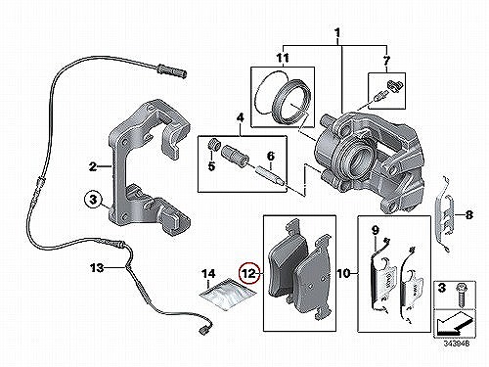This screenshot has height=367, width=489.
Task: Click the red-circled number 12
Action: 249,273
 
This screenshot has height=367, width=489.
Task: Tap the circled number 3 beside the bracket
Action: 93,199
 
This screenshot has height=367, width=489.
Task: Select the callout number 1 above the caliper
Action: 337,33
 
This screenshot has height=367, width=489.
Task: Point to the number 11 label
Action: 283,59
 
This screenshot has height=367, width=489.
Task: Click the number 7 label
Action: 386,60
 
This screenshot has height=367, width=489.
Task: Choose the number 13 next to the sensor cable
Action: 97,268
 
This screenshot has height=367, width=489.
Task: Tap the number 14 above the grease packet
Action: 208,274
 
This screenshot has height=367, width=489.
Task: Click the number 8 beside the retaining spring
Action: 468,215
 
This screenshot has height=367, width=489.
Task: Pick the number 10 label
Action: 343,273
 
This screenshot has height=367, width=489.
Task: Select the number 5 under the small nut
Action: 211,166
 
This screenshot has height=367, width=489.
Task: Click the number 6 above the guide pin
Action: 271,157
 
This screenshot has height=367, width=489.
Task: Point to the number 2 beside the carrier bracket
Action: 93,167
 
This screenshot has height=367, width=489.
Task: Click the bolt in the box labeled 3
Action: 462,295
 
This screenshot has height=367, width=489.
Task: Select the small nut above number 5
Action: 214,145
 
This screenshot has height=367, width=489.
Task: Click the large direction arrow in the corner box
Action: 453,324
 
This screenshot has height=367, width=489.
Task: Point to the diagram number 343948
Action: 457,344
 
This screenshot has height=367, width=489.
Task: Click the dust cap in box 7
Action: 394,85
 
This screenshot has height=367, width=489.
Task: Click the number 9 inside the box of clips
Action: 375,231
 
